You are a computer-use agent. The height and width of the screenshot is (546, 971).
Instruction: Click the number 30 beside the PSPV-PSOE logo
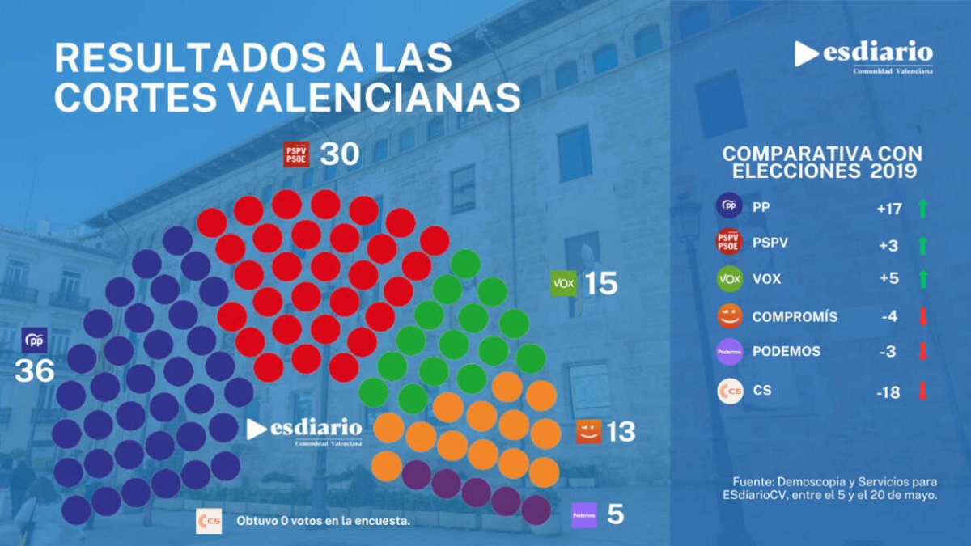tap(339, 154)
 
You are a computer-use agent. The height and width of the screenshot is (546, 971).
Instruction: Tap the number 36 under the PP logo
tap(35, 370)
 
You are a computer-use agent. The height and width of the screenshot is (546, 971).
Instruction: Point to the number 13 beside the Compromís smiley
tap(621, 432)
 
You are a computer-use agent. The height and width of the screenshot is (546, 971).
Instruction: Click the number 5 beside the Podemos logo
tap(616, 514)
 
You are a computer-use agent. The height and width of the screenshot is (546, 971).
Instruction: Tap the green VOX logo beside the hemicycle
tap(563, 283)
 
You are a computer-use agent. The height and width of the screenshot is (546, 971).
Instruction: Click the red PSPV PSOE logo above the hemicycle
tap(296, 154)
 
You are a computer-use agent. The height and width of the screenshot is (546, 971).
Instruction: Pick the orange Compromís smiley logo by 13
tap(588, 432)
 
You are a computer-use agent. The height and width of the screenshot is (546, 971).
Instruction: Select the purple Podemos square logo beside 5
tap(584, 515)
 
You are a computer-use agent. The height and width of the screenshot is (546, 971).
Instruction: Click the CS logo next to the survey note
tap(209, 521)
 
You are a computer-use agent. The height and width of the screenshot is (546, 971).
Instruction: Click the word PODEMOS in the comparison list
tap(787, 352)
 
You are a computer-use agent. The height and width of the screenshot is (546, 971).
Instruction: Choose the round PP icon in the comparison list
tap(730, 206)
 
